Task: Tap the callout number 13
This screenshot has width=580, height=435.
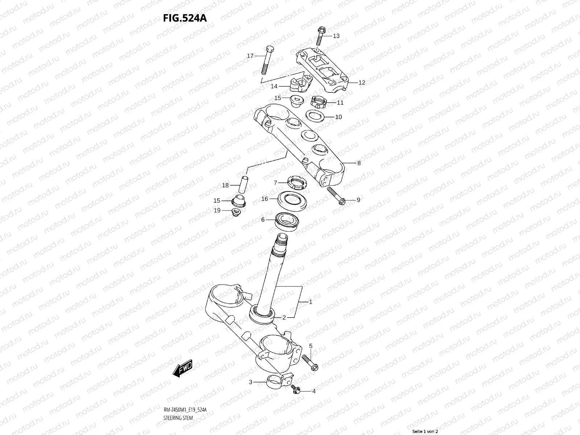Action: pyautogui.click(x=336, y=36)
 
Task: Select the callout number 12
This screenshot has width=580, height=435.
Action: pyautogui.click(x=361, y=83)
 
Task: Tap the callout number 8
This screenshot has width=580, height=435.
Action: pyautogui.click(x=359, y=163)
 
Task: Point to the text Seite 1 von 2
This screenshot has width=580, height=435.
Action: pyautogui.click(x=426, y=431)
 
